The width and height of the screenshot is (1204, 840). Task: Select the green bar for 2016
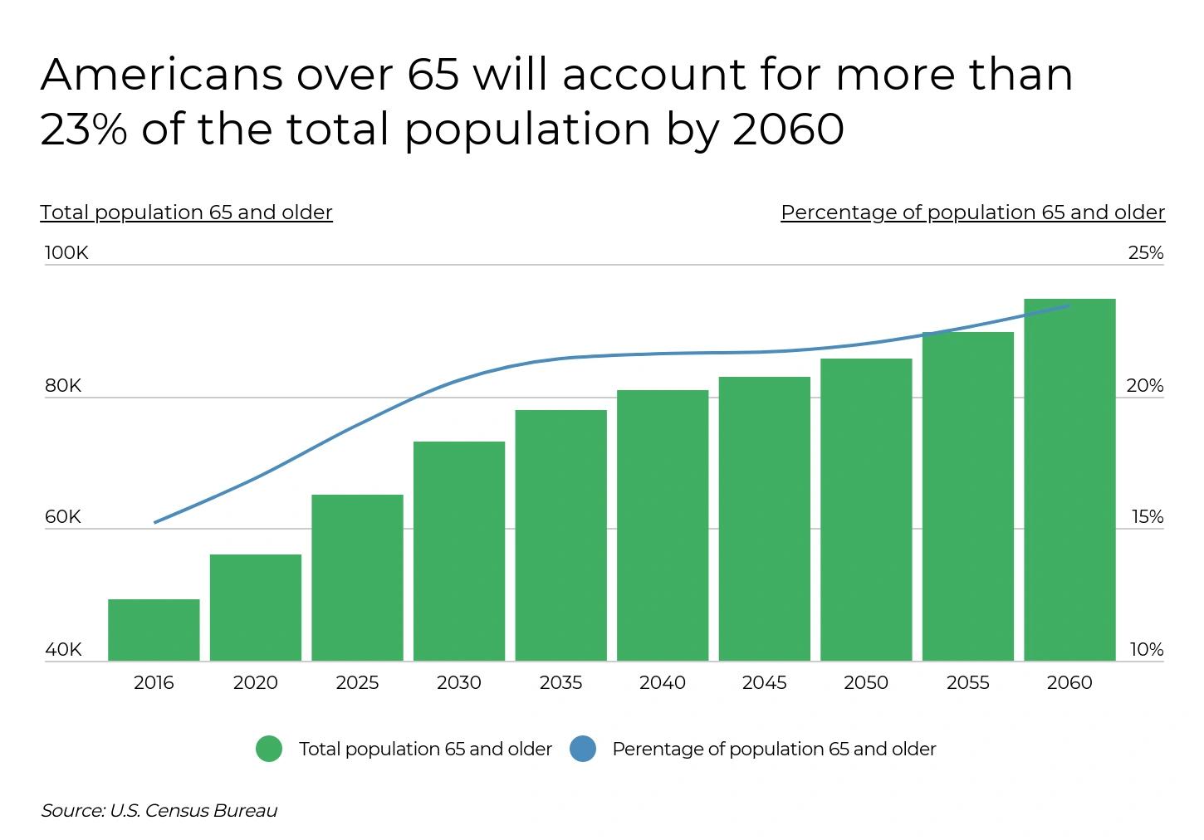[154, 630]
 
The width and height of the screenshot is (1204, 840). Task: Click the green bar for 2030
[459, 551]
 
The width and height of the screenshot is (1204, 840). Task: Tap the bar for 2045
[764, 519]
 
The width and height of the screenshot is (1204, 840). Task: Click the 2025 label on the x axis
[357, 683]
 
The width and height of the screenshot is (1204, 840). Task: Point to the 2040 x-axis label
[663, 683]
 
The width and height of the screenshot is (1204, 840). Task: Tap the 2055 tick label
[967, 683]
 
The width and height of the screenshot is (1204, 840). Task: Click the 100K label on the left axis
[66, 253]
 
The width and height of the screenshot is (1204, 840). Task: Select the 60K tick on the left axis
[63, 517]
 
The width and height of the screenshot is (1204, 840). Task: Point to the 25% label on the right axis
[1145, 253]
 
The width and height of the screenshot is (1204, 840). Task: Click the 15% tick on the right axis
[1147, 517]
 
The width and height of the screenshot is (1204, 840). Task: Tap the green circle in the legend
[269, 749]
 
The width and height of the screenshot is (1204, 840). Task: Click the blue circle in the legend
[583, 749]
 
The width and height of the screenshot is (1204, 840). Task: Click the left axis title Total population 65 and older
[186, 212]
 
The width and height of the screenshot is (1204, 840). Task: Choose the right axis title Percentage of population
[972, 212]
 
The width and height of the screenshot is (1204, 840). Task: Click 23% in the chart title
[83, 129]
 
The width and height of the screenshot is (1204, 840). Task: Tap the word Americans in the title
[161, 74]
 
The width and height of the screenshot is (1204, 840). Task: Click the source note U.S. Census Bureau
[193, 811]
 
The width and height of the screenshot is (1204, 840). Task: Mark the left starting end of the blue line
[155, 522]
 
